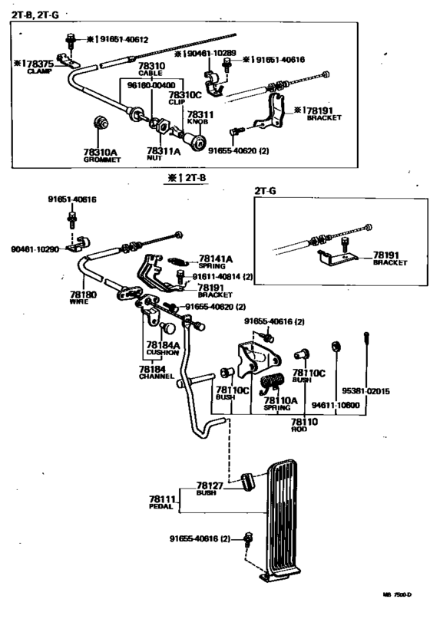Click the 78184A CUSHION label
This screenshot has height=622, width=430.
point(163,347)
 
